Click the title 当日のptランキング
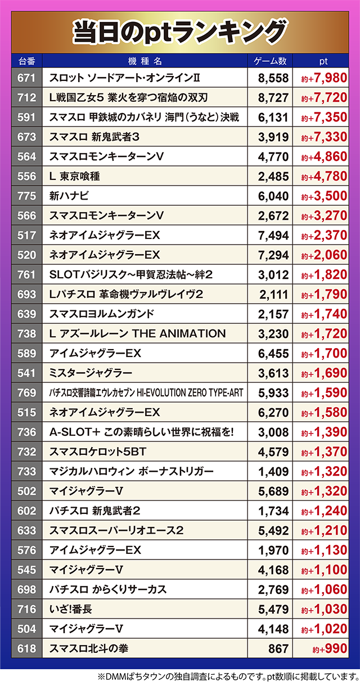point(180,32)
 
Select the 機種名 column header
point(145,61)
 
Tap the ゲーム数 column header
point(270,61)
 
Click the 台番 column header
point(26,61)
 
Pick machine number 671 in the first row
point(26,78)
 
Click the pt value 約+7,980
point(324,78)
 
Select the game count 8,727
point(273,98)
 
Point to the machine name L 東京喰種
point(74,177)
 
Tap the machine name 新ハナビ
point(69,196)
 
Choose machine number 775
point(26,196)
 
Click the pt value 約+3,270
point(324,216)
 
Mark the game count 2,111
point(274,295)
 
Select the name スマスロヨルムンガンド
point(102,314)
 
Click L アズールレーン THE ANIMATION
point(138,333)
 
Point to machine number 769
point(26,392)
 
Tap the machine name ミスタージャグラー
point(91,373)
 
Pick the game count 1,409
point(273,472)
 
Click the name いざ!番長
point(71,609)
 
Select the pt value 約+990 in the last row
point(330,649)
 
